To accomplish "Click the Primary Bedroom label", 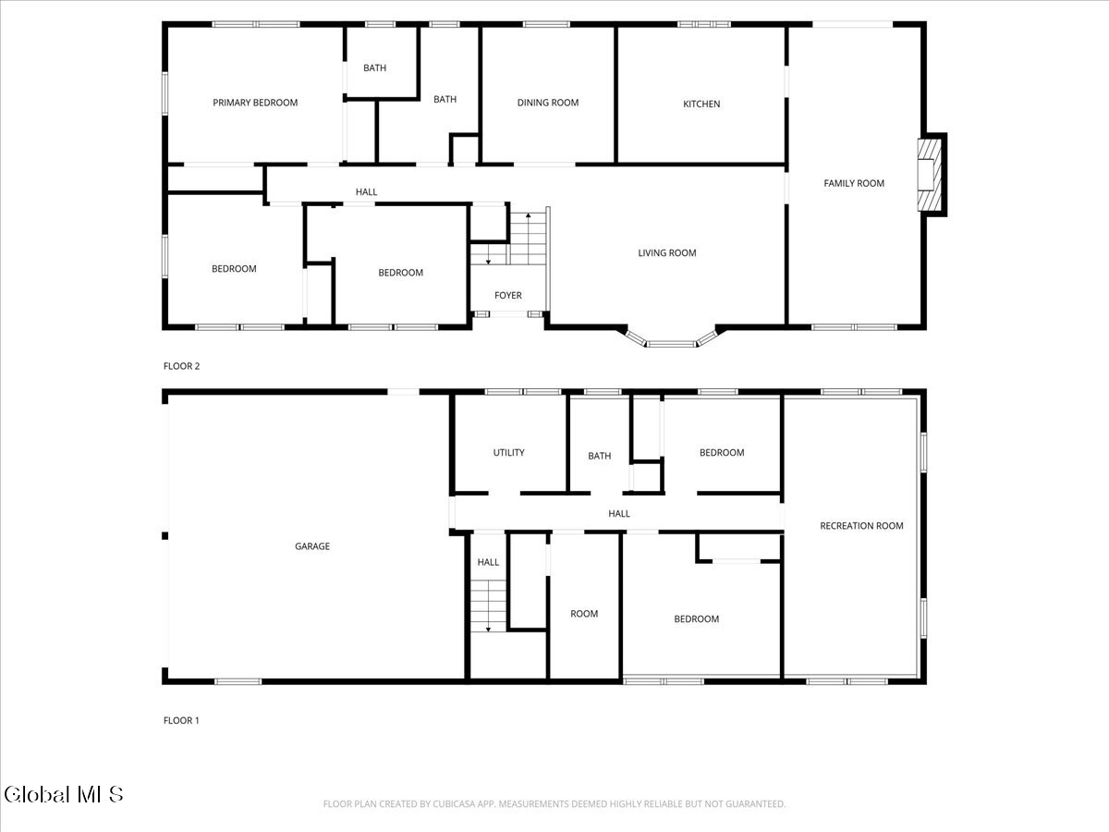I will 255,103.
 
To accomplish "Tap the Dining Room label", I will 547,103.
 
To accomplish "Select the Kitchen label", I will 701,104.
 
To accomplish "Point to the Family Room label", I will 854,183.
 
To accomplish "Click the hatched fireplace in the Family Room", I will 927,175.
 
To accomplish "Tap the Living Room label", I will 667,252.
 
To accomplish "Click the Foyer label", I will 507,296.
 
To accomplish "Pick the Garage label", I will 312,546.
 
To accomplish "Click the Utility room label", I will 508,452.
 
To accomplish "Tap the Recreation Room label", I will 861,526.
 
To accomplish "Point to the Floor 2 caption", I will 181,366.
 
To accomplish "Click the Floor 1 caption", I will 181,720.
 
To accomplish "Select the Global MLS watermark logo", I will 63,794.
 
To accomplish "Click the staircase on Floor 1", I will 488,606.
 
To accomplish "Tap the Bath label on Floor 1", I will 600,456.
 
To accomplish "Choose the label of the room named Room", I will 584,614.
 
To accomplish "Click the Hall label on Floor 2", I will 367,192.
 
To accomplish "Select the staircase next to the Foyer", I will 529,239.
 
